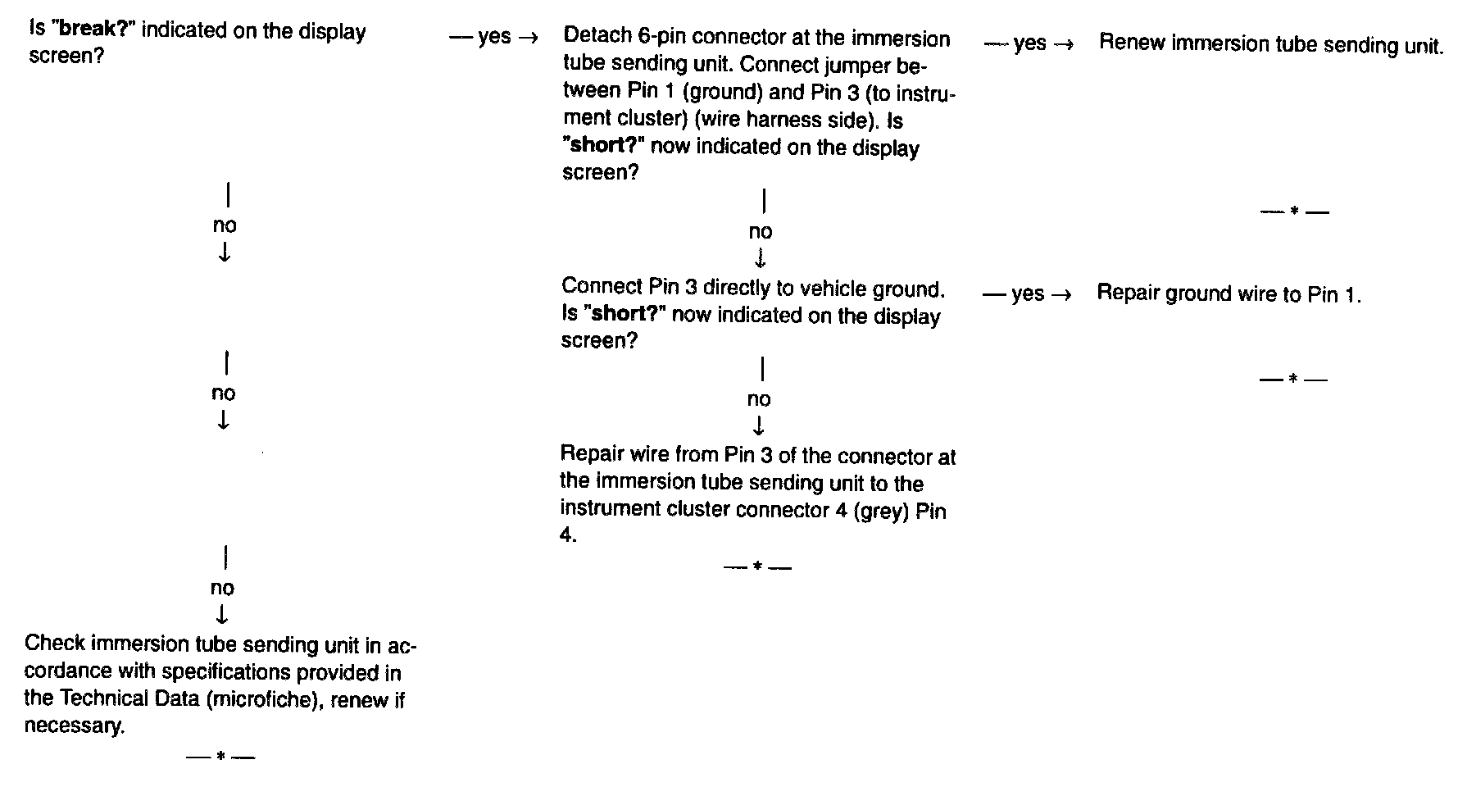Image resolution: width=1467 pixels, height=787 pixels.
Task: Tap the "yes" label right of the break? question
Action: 494,37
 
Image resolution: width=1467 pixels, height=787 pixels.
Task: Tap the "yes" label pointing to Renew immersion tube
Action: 1029,43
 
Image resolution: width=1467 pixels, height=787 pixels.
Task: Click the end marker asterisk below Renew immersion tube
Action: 1294,212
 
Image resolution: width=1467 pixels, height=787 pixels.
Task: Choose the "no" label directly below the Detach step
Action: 761,232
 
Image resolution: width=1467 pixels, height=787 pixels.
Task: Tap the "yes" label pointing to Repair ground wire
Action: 1028,293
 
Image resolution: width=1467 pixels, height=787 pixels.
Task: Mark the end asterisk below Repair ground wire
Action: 1292,379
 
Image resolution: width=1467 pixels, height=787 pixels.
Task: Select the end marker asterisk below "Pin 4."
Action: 758,566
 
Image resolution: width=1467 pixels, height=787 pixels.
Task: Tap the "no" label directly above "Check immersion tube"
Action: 222,588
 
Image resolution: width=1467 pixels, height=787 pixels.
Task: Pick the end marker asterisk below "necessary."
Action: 220,757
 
